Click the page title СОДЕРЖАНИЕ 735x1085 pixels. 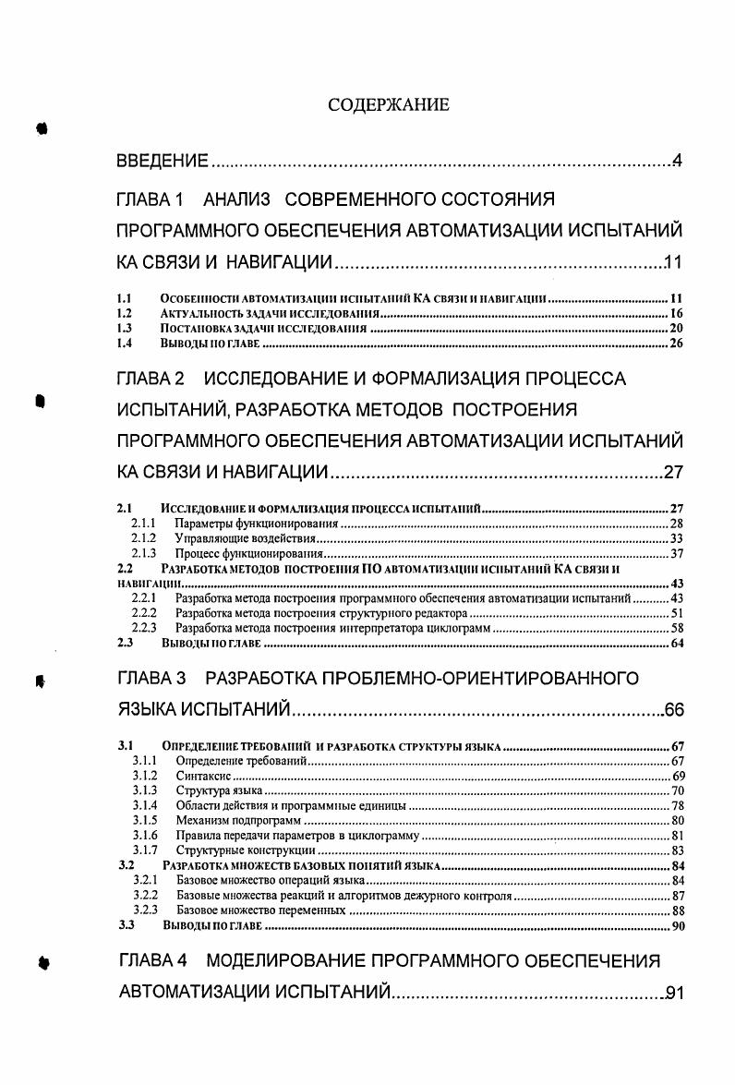coord(389,105)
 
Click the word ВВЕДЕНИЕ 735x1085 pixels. coord(162,163)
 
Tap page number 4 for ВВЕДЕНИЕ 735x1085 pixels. coord(677,163)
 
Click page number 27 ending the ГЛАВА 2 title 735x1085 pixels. coord(672,474)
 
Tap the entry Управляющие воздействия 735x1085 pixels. coord(246,538)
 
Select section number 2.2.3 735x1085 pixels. coord(144,627)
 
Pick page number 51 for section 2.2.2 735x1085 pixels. coord(676,612)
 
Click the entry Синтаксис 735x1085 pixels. coord(197,777)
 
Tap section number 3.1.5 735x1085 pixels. coord(144,821)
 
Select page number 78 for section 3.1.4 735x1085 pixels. coord(676,806)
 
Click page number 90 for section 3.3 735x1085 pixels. coord(675,924)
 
